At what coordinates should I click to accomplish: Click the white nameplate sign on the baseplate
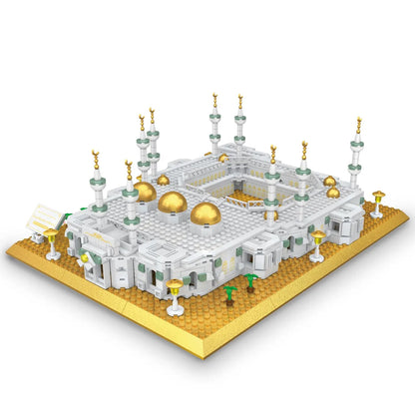click(42, 218)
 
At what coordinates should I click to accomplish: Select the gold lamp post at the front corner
click(176, 295)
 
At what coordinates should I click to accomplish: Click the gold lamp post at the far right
click(377, 203)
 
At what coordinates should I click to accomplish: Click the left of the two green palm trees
click(229, 294)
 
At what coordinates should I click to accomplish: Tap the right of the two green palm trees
click(250, 281)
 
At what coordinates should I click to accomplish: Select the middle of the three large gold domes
click(173, 203)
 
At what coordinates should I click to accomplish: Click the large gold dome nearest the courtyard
click(207, 213)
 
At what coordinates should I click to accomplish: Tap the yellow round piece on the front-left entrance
click(85, 258)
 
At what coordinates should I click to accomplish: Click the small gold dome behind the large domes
click(163, 180)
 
